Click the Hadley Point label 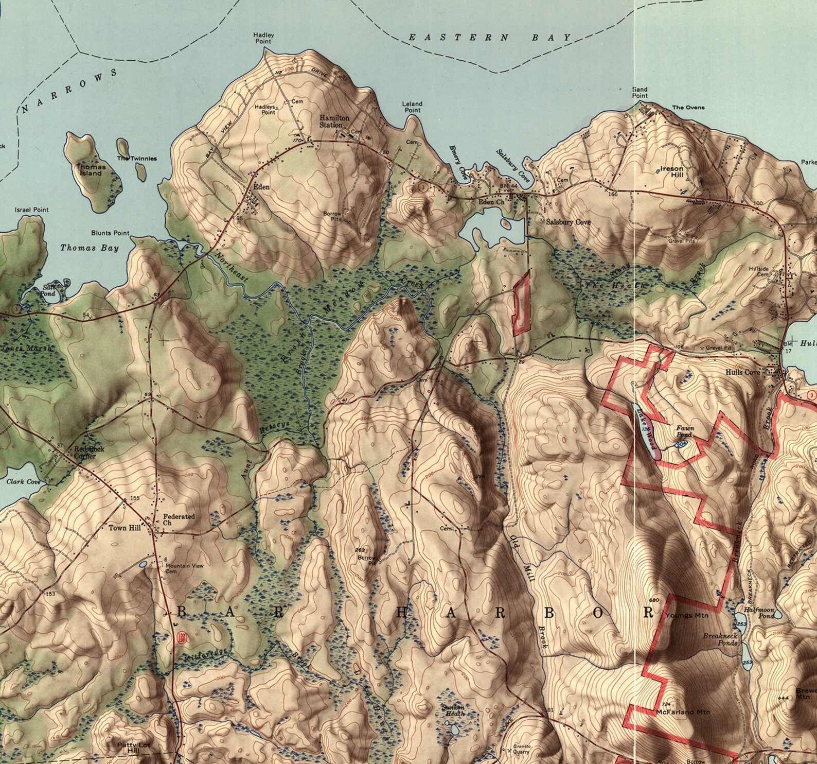pyautogui.click(x=263, y=38)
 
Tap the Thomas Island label pyautogui.click(x=91, y=170)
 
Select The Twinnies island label pyautogui.click(x=136, y=159)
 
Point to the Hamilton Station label pyautogui.click(x=334, y=121)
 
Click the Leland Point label pyautogui.click(x=412, y=107)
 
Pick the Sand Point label pyautogui.click(x=640, y=93)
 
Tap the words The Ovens pyautogui.click(x=688, y=108)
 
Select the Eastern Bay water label pyautogui.click(x=489, y=38)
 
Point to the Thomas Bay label pyautogui.click(x=90, y=248)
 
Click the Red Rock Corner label pyautogui.click(x=89, y=452)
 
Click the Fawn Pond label pyautogui.click(x=685, y=431)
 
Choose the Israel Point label pyautogui.click(x=31, y=210)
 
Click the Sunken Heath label pyautogui.click(x=453, y=710)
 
